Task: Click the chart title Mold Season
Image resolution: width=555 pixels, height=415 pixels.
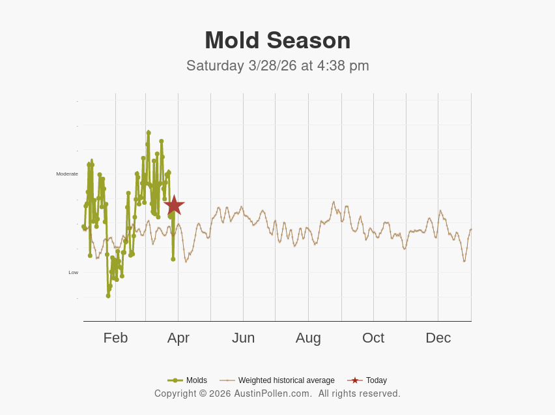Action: click(x=277, y=40)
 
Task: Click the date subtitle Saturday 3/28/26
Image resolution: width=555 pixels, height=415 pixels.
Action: click(x=242, y=66)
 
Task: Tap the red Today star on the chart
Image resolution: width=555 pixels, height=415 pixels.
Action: click(x=174, y=205)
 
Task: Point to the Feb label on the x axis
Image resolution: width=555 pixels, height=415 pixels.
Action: click(x=115, y=338)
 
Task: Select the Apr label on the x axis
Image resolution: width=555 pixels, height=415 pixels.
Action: click(x=178, y=338)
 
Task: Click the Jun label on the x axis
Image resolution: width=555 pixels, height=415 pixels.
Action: click(x=243, y=338)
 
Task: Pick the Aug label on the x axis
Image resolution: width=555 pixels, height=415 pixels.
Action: click(x=308, y=338)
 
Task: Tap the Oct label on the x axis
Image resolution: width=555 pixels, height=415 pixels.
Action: click(x=373, y=338)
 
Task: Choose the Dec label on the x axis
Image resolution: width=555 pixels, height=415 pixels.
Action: click(x=438, y=338)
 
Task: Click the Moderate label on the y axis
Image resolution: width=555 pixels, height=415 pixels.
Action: click(x=67, y=174)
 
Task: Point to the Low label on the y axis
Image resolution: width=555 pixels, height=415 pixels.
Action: click(x=73, y=272)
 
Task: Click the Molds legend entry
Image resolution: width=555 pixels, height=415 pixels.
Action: click(x=196, y=380)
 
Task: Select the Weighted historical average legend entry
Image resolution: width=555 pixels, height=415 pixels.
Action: click(x=286, y=380)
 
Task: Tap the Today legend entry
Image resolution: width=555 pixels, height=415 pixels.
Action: click(x=376, y=380)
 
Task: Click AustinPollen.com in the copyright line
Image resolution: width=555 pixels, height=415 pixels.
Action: click(x=273, y=393)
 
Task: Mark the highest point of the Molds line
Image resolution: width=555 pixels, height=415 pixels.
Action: click(x=149, y=132)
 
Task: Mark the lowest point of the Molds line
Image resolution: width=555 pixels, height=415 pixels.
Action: click(x=108, y=296)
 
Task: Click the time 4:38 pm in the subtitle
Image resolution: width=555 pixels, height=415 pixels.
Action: click(x=343, y=66)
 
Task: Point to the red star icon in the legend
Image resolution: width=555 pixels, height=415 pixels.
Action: click(x=355, y=380)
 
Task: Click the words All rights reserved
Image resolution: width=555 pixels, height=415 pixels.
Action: click(x=360, y=393)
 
